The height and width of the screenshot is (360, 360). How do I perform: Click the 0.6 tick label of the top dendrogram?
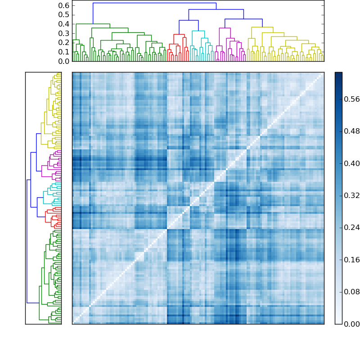[64, 5]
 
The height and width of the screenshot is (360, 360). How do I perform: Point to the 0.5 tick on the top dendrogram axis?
[64, 14]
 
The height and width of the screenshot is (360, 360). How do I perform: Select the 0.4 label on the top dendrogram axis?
[64, 24]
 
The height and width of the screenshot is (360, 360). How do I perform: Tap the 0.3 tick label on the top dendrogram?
[64, 33]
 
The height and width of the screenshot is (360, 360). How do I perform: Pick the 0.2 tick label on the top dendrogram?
[64, 42]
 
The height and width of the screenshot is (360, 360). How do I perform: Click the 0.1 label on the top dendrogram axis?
[64, 52]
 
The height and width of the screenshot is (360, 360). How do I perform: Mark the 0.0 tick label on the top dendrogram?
[64, 61]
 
